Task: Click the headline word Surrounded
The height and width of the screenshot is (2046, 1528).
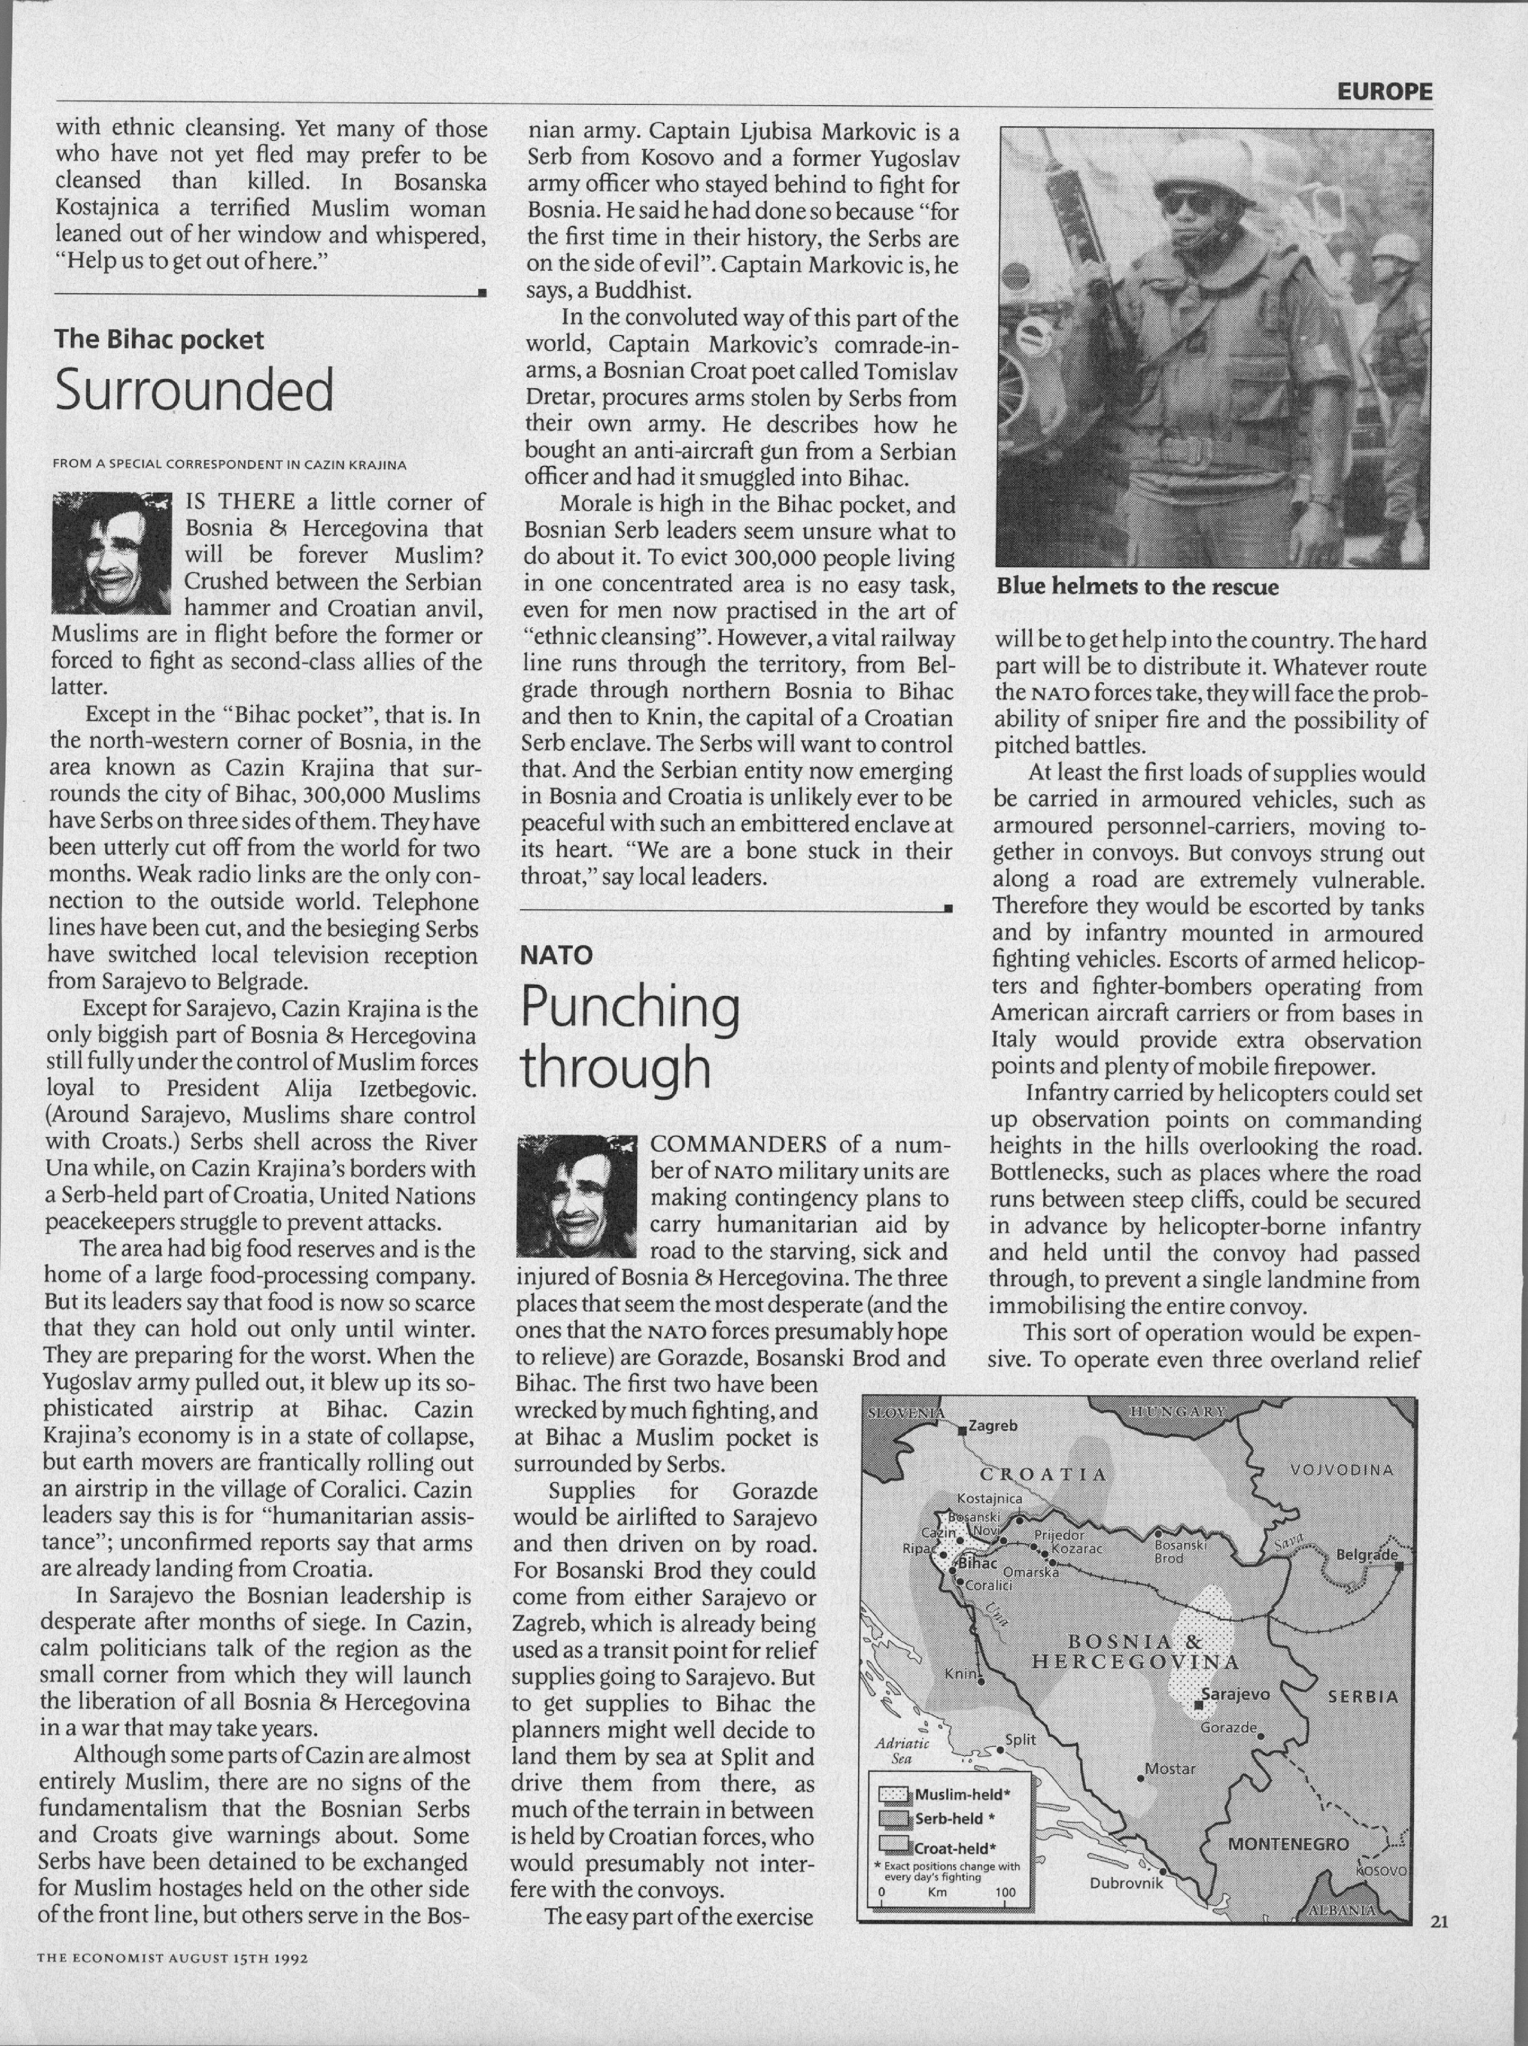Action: pyautogui.click(x=194, y=391)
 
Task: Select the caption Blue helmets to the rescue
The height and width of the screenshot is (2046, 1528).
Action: pyautogui.click(x=1137, y=587)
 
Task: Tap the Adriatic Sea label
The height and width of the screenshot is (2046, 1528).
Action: pyautogui.click(x=902, y=1751)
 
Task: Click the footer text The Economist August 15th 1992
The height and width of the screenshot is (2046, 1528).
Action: pyautogui.click(x=172, y=1958)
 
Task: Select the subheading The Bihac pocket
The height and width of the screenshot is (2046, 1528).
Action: pyautogui.click(x=159, y=340)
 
